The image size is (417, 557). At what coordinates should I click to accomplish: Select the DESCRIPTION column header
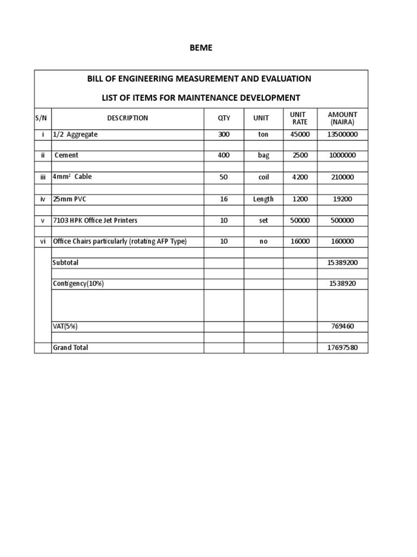pos(127,118)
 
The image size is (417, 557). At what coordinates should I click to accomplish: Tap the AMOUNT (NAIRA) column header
pos(342,118)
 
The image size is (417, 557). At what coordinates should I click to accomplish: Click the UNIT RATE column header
pos(300,118)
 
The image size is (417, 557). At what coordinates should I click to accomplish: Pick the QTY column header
pos(224,118)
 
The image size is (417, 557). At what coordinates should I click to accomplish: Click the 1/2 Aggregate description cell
pos(75,134)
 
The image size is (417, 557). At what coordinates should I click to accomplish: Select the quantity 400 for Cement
pos(224,156)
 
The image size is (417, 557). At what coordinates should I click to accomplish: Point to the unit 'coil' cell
pos(263,177)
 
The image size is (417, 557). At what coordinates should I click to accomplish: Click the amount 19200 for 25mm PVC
pos(342,199)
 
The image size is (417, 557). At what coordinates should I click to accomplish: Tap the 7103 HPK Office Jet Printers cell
pos(95,220)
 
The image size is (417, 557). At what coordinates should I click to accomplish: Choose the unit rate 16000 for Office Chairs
pos(300,242)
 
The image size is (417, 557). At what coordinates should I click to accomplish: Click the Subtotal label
pos(65,263)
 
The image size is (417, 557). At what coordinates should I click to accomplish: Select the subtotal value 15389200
pos(342,263)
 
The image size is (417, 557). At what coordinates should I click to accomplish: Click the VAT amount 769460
pos(342,326)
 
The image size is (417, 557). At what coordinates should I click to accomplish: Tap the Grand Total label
pos(70,348)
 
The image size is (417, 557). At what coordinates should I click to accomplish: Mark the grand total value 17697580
pos(342,348)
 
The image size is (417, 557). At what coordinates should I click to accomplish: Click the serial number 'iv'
pos(43,199)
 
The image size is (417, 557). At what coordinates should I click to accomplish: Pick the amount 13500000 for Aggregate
pos(342,134)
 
